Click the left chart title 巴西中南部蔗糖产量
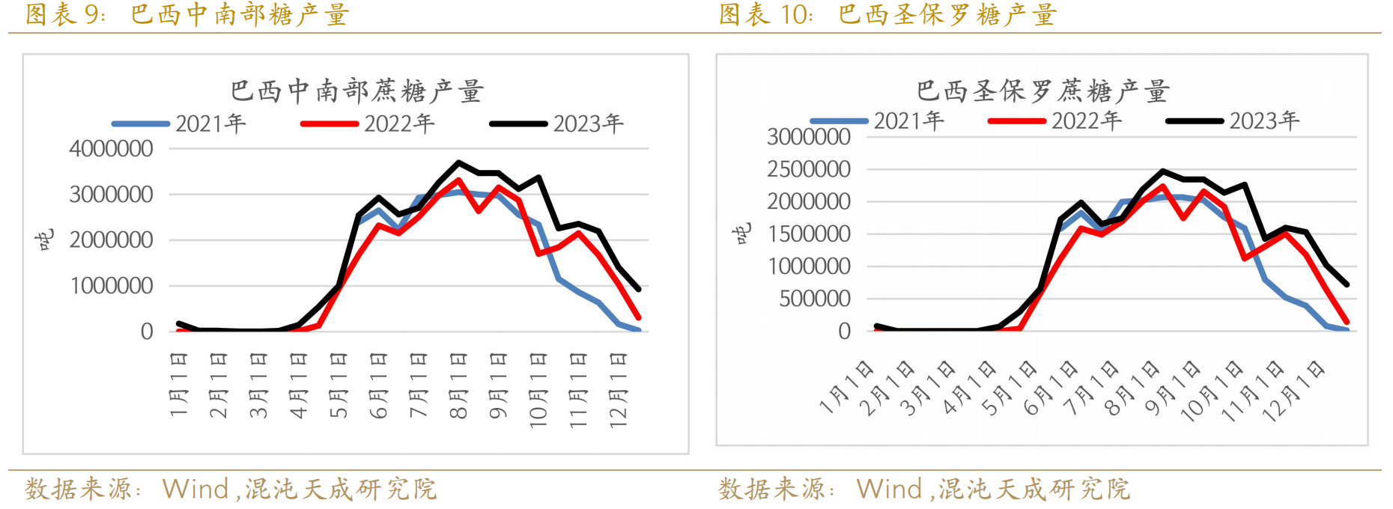coord(356,91)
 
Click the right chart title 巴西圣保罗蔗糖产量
coord(1043,91)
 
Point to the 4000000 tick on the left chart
coord(111,149)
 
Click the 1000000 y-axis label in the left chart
coord(111,286)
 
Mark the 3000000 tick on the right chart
coord(809,137)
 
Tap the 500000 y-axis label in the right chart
coord(815,299)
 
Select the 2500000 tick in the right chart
coord(809,169)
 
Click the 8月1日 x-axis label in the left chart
coord(458,385)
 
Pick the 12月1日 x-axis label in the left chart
coord(618,389)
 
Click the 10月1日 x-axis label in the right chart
coord(1212,391)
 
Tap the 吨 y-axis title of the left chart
coord(45,240)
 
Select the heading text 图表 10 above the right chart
coord(765,14)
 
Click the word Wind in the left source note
coord(195,489)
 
